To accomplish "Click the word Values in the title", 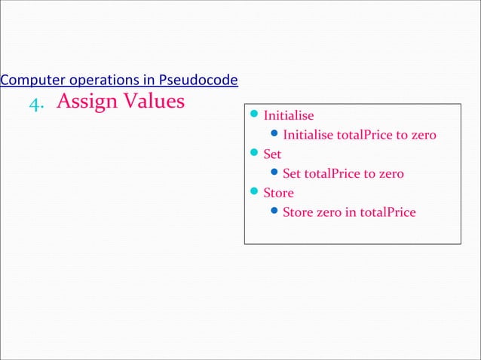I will coord(154,100).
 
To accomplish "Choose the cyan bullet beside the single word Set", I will coord(254,154).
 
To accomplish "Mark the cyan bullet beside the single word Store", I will coord(254,192).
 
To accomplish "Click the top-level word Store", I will coord(278,194).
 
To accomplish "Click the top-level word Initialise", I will coord(289,117).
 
